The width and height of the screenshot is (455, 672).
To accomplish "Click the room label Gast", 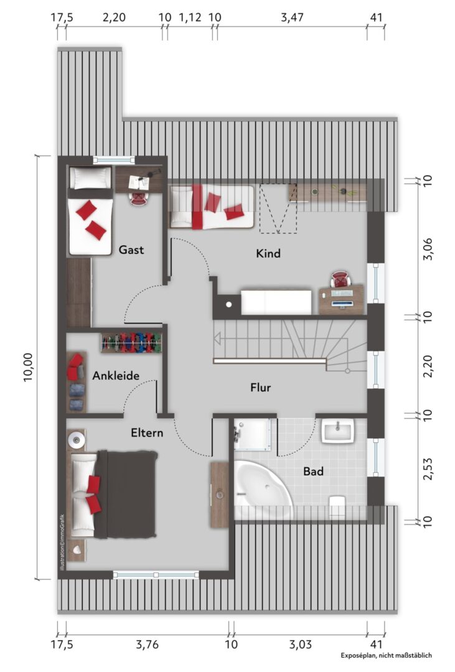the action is click(131, 250).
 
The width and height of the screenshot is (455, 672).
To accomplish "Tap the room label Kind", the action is click(268, 253).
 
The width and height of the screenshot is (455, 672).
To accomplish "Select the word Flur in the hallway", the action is click(261, 388).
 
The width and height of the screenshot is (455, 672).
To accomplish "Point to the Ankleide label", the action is click(116, 376).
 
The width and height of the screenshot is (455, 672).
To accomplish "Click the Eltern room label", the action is click(147, 433).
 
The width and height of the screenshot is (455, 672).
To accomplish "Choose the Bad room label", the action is click(313, 472).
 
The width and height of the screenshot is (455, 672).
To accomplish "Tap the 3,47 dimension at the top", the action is click(292, 17).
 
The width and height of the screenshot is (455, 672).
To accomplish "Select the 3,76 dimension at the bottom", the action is click(147, 644).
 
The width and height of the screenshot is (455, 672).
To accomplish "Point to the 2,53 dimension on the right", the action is click(428, 469).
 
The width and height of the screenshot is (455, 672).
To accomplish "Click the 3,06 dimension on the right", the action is click(428, 248).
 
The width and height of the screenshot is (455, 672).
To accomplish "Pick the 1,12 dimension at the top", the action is click(190, 17).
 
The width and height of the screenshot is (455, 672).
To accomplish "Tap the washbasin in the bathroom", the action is click(338, 431).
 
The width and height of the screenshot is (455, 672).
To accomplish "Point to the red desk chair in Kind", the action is click(340, 279).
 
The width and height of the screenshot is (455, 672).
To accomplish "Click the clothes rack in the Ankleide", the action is click(132, 342).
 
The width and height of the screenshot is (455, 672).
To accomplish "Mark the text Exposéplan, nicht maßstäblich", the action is click(387, 655).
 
